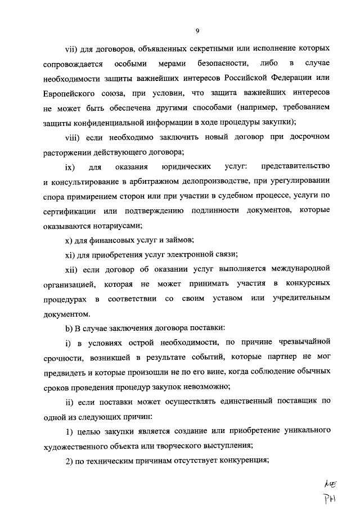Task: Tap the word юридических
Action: [186, 167]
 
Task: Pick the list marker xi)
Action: [72, 255]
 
